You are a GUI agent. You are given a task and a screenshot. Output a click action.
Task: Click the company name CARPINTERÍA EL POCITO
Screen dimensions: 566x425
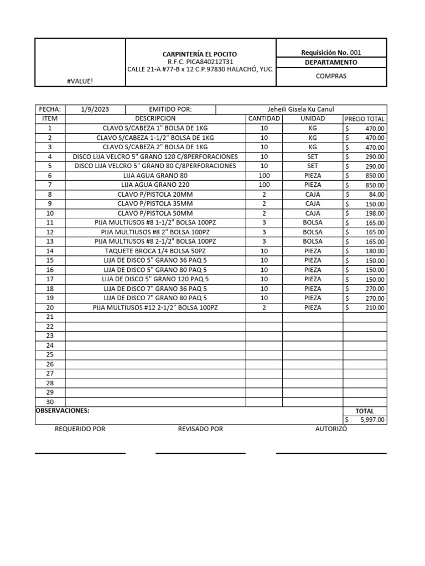199,54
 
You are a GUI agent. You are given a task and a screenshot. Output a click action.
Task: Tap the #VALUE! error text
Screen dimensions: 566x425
80,81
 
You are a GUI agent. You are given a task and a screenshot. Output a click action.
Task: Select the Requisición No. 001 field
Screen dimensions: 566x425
331,53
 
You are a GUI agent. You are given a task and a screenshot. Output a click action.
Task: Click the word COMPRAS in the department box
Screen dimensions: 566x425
331,76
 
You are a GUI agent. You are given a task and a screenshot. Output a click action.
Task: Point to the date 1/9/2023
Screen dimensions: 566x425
92,109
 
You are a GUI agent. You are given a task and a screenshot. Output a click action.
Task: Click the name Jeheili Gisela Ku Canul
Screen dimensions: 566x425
300,109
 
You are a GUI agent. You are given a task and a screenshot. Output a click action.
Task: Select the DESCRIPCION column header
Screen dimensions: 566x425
156,119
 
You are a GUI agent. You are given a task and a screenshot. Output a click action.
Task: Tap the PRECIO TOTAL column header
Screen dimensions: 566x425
365,119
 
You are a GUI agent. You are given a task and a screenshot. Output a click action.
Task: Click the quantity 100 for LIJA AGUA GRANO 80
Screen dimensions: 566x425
264,175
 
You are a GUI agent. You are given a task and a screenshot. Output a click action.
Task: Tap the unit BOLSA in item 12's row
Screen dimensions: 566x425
313,232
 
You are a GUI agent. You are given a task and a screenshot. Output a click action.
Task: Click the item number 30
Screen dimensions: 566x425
50,401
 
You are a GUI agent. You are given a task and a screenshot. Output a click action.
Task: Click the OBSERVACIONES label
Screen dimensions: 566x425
62,411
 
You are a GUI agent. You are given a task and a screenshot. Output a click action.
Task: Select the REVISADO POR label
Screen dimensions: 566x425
200,429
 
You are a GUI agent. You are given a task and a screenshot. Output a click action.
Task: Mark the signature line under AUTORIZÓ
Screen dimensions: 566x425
331,453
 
